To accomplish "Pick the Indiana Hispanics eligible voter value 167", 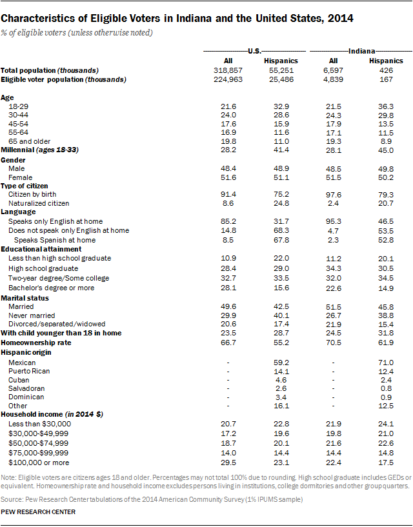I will click(x=386, y=79).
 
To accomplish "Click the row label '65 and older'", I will click(x=29, y=141).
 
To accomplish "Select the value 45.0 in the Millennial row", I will click(x=386, y=150).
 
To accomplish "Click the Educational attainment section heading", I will click(x=41, y=248).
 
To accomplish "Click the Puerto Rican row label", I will click(x=30, y=371).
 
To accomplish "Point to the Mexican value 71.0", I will click(x=386, y=363).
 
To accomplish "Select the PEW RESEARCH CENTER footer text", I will click(x=38, y=512).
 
